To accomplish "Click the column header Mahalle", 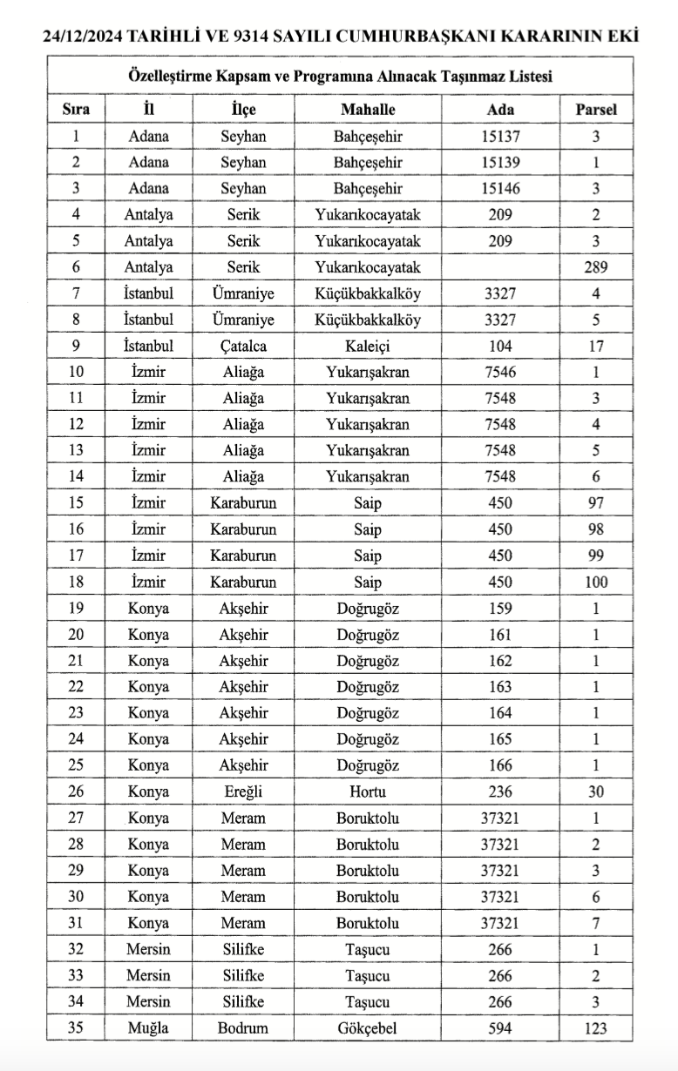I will point(368,110).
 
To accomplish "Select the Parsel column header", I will point(596,110).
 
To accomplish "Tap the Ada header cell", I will point(500,110).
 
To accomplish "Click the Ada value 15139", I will point(500,162).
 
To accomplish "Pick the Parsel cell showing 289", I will point(596,267).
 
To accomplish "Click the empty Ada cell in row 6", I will point(500,267).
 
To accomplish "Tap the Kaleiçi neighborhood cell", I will point(368,346).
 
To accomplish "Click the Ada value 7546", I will point(500,372).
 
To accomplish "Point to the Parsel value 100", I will point(596,582).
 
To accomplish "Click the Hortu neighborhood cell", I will point(368,791).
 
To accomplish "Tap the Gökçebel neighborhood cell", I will point(368,1027).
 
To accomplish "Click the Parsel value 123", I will point(596,1028).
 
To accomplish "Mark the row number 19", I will point(76,608).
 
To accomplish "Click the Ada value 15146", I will point(500,188).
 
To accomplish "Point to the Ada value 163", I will point(500,687).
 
